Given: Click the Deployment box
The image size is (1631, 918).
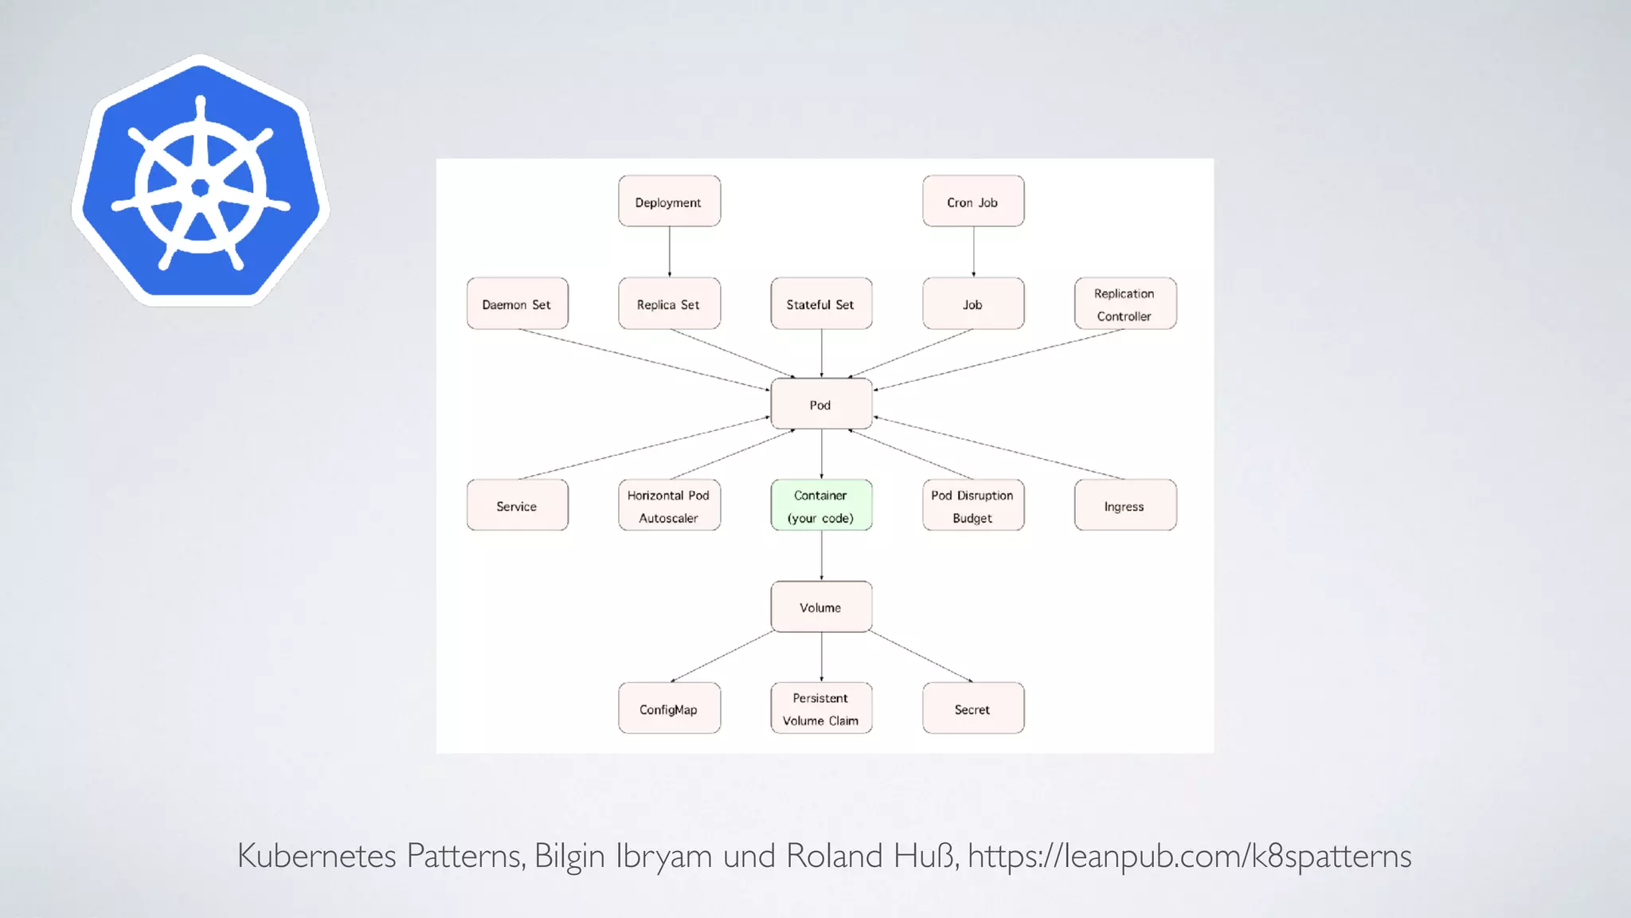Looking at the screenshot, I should point(669,202).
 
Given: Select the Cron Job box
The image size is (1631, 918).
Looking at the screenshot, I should point(973,202).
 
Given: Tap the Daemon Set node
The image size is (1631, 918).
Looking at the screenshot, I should point(517,304).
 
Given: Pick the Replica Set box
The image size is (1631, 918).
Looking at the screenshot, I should point(669,304).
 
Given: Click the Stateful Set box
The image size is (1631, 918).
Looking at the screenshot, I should point(821,304).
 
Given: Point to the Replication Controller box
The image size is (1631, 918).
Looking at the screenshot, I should point(1124,304).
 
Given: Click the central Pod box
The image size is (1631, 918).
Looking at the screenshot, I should point(821,404).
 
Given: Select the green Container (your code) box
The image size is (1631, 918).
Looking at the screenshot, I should point(821,505).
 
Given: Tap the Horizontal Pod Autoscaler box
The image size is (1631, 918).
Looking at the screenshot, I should point(669,505).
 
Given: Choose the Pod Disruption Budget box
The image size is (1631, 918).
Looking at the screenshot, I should point(973,505).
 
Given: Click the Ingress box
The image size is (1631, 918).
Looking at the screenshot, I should point(1124,505).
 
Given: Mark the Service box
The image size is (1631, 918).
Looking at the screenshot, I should point(517,505).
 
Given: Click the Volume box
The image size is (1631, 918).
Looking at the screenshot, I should point(821,606).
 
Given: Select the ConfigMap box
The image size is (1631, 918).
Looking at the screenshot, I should point(669,708).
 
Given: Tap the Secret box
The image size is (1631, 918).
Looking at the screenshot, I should point(973,708).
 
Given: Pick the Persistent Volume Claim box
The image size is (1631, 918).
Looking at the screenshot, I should point(821,708).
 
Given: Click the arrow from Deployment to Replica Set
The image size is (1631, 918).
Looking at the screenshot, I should point(669,252).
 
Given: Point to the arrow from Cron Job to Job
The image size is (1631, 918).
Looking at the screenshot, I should point(973,252).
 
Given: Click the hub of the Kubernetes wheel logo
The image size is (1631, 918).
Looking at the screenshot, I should point(201,187).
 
